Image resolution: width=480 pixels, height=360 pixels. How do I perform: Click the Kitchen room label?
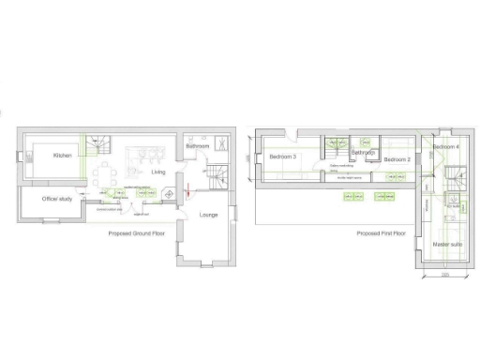click(x=63, y=156)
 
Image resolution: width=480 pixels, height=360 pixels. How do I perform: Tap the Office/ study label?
click(x=57, y=200)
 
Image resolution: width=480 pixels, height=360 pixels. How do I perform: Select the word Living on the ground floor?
click(x=158, y=172)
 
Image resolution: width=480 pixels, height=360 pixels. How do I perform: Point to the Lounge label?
click(x=210, y=216)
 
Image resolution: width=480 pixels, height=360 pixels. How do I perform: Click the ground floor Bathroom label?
click(x=197, y=146)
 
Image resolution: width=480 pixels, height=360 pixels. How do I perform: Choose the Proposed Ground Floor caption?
click(x=136, y=233)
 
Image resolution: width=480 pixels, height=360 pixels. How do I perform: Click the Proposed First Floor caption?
click(x=381, y=233)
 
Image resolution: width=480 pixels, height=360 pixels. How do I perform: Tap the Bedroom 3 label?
click(x=283, y=157)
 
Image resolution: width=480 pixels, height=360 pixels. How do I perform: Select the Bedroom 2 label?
click(x=397, y=160)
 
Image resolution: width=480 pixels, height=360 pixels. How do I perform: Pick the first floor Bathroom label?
click(x=363, y=152)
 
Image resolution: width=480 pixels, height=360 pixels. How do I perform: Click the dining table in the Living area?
click(x=110, y=175)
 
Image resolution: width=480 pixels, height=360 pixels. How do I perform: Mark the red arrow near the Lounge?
click(x=188, y=190)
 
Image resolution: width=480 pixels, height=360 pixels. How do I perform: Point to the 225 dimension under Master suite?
click(x=445, y=275)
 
